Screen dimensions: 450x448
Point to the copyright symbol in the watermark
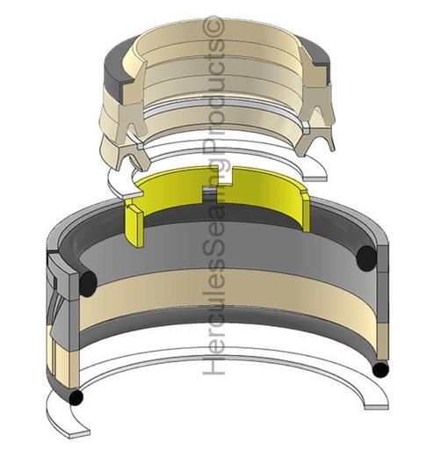[x=213, y=31]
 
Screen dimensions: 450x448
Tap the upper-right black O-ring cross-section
[x=367, y=258]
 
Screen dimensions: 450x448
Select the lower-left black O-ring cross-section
[x=77, y=397]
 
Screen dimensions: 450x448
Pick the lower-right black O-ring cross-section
[x=379, y=370]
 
